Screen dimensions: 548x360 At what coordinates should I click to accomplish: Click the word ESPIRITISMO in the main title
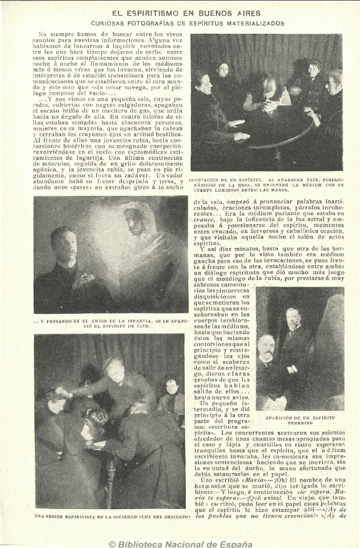tap(158, 12)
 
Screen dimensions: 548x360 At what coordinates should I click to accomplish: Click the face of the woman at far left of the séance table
tap(203, 81)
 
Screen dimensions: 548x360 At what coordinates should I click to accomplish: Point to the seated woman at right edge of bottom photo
tap(172, 401)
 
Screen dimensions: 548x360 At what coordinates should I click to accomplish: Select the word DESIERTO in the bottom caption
tap(174, 516)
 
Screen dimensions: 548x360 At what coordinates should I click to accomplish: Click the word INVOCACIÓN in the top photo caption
tap(208, 181)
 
